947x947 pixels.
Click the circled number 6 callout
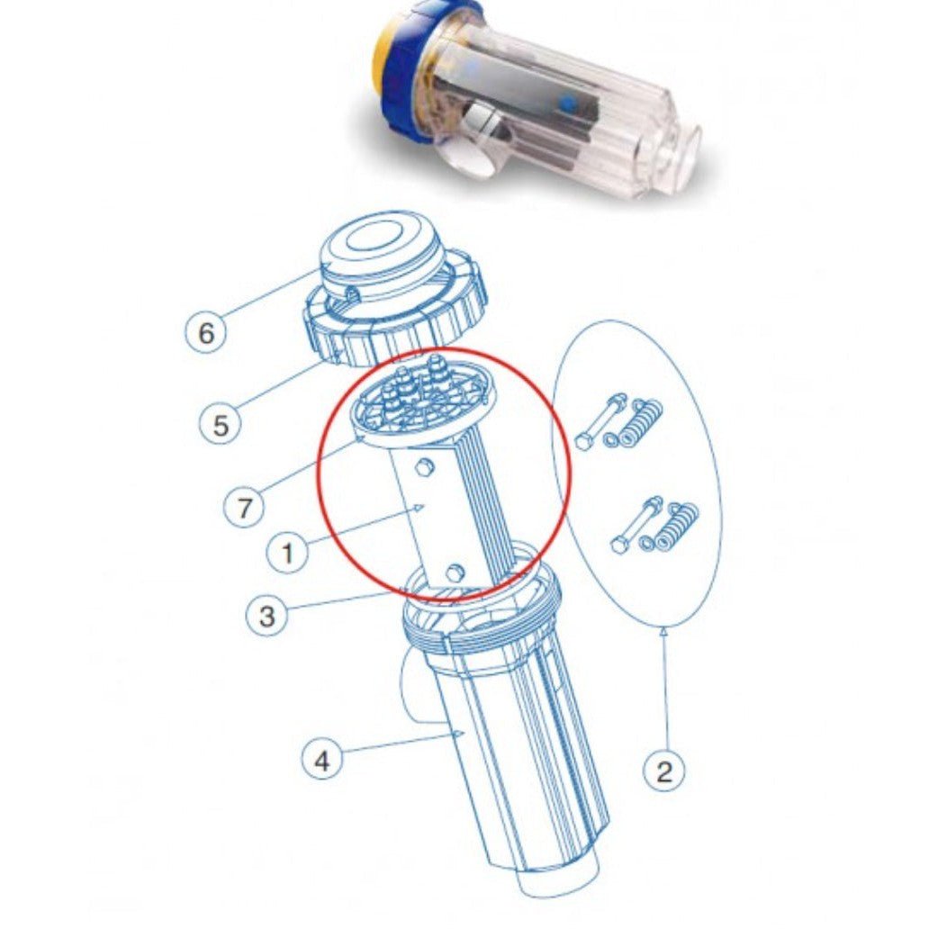[207, 333]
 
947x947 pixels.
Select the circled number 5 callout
[221, 424]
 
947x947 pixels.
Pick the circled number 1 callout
[288, 551]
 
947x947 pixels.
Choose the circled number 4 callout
[321, 760]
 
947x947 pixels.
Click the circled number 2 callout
[664, 771]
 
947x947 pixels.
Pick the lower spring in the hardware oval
[681, 528]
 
